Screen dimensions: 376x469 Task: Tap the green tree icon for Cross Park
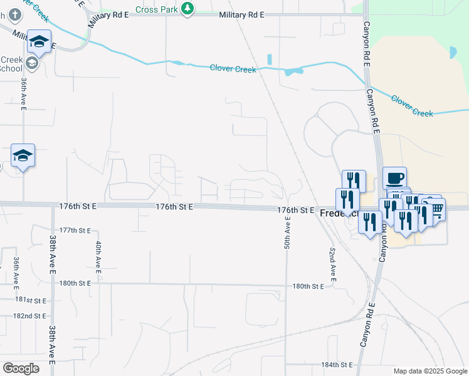pos(187,8)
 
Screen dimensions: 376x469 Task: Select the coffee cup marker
pos(394,177)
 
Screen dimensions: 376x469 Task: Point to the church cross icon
pos(14,13)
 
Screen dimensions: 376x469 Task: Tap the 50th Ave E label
pos(287,231)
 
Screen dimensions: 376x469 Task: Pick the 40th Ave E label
pos(98,257)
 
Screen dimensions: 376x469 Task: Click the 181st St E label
pos(32,300)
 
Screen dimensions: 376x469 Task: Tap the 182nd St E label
pos(29,316)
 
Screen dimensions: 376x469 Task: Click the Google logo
pos(21,368)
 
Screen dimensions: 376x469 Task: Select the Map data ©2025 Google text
pos(430,371)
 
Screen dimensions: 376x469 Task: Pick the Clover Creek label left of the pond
pos(233,68)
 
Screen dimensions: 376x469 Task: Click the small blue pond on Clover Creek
pos(289,71)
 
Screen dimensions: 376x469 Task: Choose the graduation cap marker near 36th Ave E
pos(23,155)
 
